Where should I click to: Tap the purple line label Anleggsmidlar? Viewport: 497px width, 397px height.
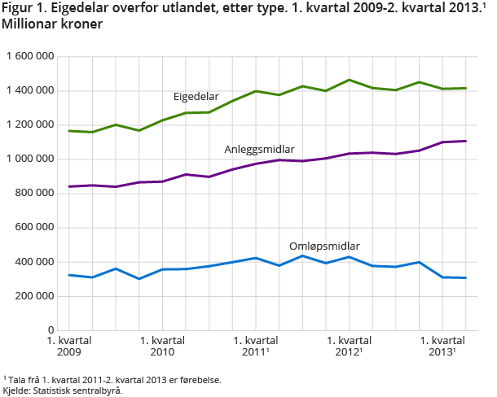click(x=259, y=150)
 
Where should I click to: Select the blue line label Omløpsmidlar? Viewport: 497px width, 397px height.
click(x=324, y=246)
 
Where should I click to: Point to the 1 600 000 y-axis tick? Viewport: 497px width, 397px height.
click(x=30, y=56)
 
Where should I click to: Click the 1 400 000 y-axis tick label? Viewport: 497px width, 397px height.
click(x=30, y=90)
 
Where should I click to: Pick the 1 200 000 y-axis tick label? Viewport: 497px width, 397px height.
click(x=30, y=124)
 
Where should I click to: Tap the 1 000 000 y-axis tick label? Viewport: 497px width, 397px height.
click(x=30, y=159)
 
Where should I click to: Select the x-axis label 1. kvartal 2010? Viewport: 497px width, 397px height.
click(x=162, y=346)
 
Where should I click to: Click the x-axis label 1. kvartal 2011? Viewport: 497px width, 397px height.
click(x=257, y=346)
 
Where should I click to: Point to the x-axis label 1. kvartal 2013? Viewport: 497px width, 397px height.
click(x=443, y=346)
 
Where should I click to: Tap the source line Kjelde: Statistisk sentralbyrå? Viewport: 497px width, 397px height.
click(x=62, y=390)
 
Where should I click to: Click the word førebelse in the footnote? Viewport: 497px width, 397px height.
click(x=199, y=379)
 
